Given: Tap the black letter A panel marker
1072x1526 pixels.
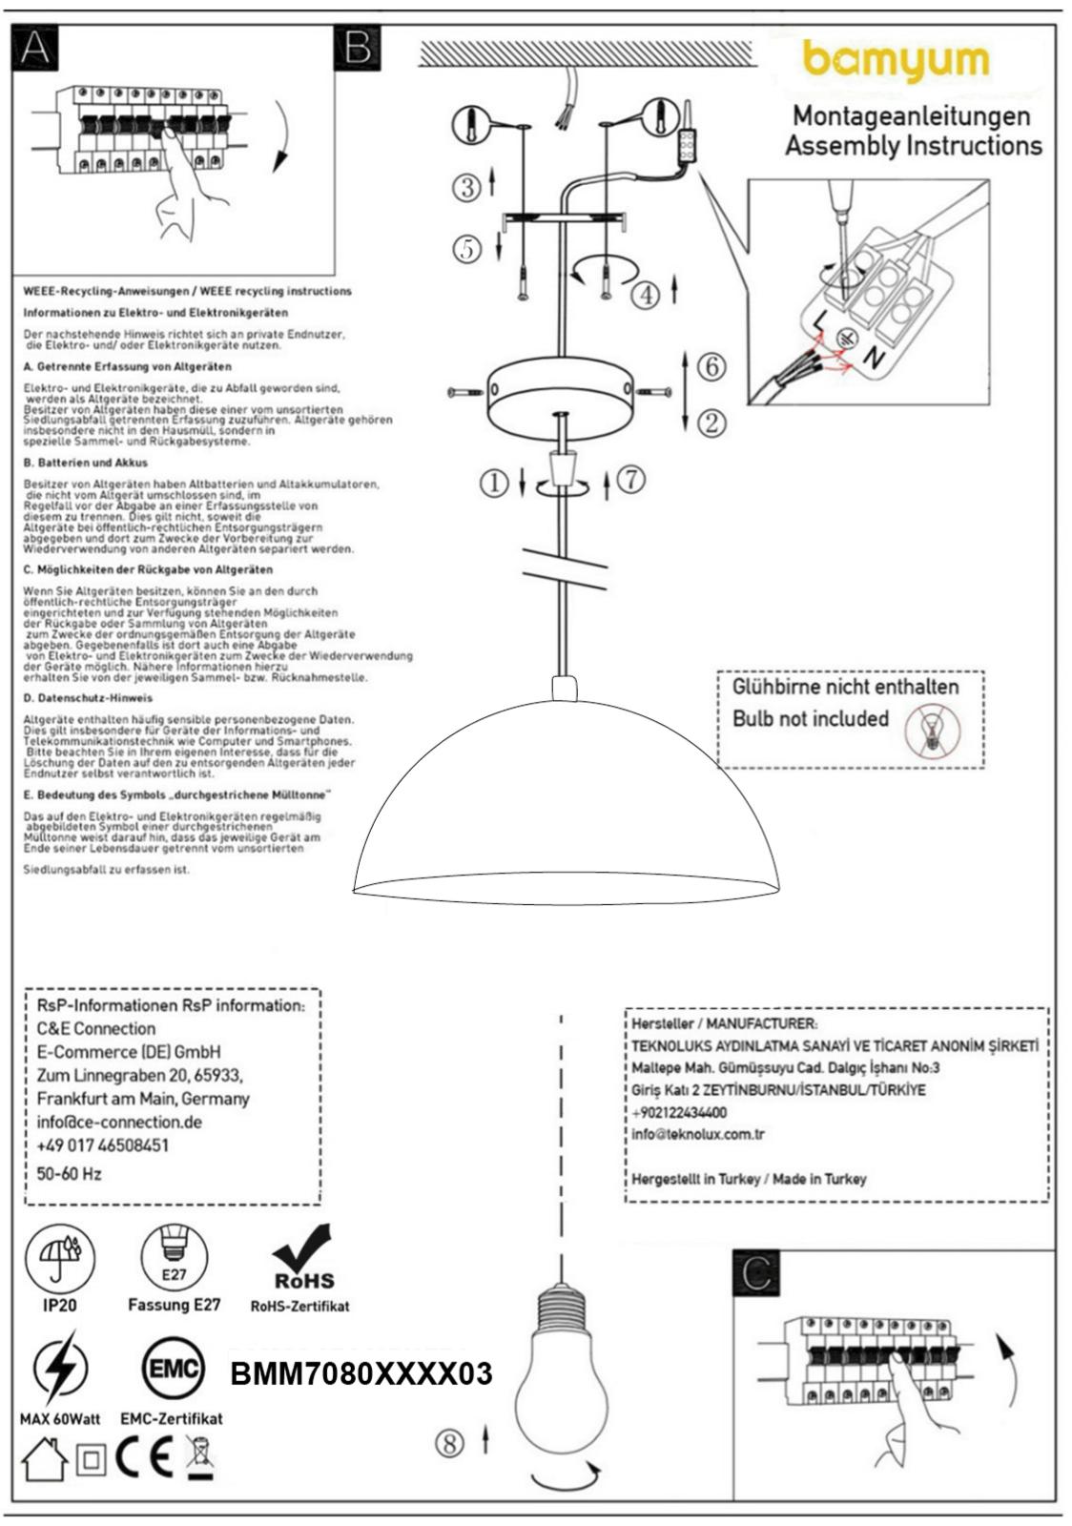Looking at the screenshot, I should click(34, 48).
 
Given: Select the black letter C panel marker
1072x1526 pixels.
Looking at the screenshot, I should click(755, 1272).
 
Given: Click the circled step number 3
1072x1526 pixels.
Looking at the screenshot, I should click(466, 187).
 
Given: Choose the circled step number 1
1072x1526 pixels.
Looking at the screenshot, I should click(494, 484).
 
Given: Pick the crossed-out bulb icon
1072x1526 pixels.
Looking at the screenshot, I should click(934, 732).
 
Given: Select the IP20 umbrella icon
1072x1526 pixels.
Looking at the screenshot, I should click(60, 1256).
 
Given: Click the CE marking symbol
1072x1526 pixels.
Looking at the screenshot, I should click(144, 1457).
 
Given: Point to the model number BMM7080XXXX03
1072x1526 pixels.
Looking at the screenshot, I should click(361, 1373).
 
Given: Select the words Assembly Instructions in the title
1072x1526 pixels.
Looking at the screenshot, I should click(913, 146).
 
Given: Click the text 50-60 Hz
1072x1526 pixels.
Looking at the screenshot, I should click(70, 1174).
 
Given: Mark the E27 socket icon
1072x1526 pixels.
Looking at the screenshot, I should click(174, 1256).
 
